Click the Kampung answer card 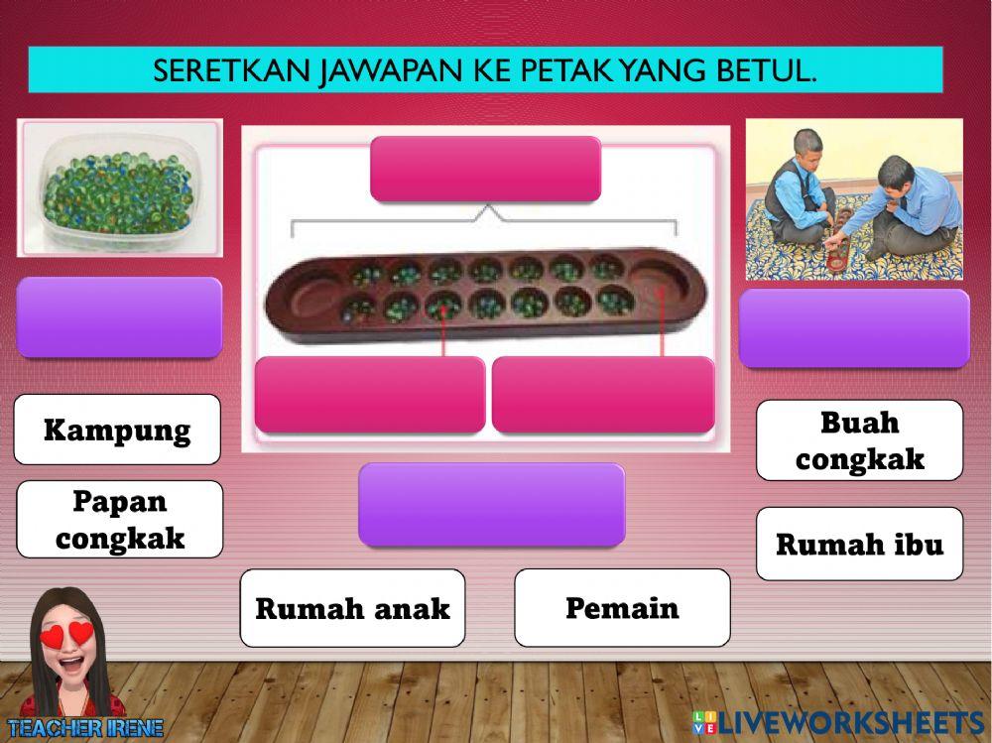pyautogui.click(x=117, y=431)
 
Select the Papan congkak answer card pyautogui.click(x=120, y=520)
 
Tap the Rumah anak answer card pyautogui.click(x=352, y=608)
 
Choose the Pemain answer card pyautogui.click(x=622, y=607)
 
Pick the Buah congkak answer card pyautogui.click(x=859, y=440)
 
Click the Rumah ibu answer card pyautogui.click(x=859, y=544)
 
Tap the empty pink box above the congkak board pyautogui.click(x=485, y=169)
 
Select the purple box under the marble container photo pyautogui.click(x=119, y=317)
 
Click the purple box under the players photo pyautogui.click(x=854, y=328)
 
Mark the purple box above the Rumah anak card pyautogui.click(x=491, y=504)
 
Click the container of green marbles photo pyautogui.click(x=119, y=188)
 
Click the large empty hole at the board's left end pyautogui.click(x=304, y=297)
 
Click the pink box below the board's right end pyautogui.click(x=602, y=395)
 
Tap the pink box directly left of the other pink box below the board pyautogui.click(x=369, y=395)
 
